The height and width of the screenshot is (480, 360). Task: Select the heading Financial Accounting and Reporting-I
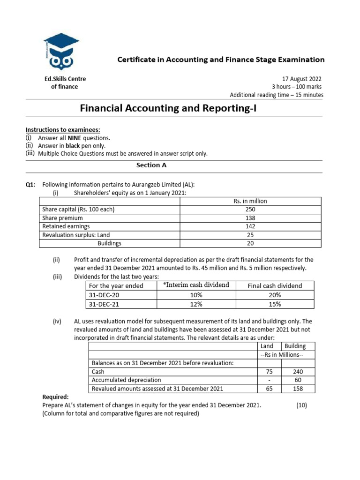coord(169,109)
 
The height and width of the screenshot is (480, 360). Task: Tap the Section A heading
coord(151,165)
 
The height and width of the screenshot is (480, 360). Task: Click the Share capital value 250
coord(250,210)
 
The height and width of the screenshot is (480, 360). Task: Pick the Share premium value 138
coord(250,218)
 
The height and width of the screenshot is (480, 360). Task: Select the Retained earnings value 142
coord(250,226)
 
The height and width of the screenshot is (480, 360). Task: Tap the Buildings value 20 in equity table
coord(250,243)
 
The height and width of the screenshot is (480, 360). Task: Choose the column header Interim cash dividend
coord(196,285)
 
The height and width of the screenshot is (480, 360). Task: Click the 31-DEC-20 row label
coord(104,295)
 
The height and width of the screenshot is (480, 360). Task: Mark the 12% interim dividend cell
coord(196,304)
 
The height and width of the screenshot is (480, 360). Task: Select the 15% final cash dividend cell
coord(275,304)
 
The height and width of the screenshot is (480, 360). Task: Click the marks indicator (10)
coord(301,405)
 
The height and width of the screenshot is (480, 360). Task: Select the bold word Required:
coord(55,397)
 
